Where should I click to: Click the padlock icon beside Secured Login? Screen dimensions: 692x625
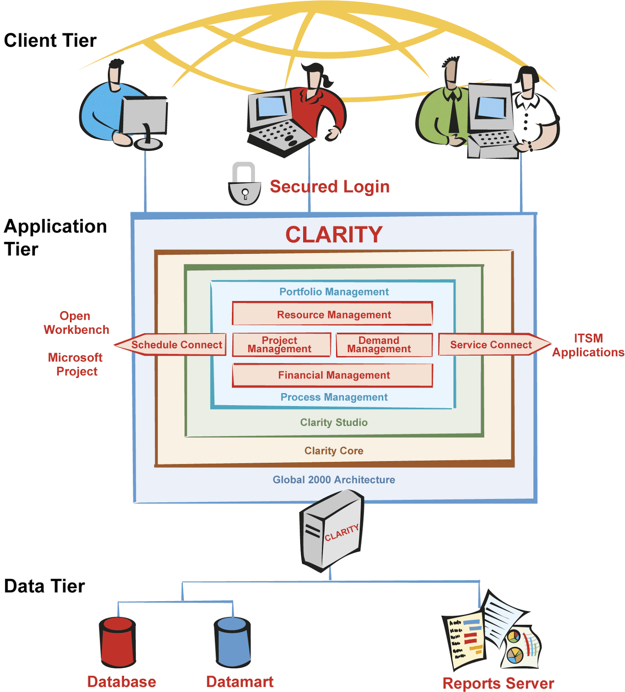(244, 185)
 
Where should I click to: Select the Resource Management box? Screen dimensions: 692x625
(333, 314)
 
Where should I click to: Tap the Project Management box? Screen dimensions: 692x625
(281, 345)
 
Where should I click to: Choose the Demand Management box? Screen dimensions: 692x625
(384, 345)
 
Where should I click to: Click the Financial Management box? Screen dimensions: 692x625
(333, 375)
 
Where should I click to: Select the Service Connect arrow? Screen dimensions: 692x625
(492, 345)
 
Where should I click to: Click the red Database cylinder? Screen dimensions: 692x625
(117, 642)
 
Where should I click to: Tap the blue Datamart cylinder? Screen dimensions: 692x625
(232, 642)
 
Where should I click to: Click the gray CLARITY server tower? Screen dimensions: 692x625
(331, 530)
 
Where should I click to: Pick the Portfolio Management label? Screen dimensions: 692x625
(334, 292)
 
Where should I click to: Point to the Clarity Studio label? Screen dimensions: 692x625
(334, 423)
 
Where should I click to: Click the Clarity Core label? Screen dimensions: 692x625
(334, 451)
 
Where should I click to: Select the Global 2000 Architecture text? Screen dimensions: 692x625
(334, 480)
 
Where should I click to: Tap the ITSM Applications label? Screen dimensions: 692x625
(588, 345)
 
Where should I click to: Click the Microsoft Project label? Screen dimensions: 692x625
(76, 364)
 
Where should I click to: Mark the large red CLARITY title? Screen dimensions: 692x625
(334, 235)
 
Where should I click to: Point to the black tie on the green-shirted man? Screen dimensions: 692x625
(454, 115)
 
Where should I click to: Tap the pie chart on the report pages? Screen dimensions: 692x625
(514, 655)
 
